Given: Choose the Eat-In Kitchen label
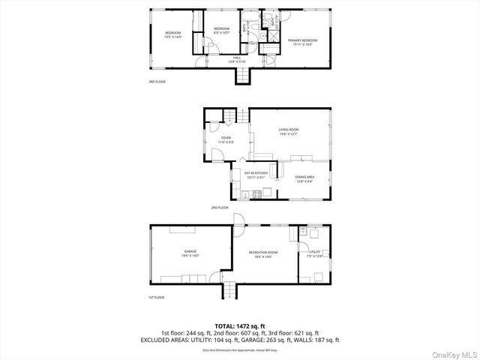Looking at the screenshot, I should [x=256, y=175].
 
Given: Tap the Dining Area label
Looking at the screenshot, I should [x=304, y=178].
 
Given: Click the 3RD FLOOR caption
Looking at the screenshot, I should [x=157, y=81].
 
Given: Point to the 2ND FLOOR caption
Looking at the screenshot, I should [x=219, y=207].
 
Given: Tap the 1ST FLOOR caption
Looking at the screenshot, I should [x=157, y=298].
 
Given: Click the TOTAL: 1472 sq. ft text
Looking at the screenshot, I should [x=239, y=325].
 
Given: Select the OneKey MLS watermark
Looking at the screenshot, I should [x=453, y=353].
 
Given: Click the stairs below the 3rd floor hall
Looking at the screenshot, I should [x=242, y=75].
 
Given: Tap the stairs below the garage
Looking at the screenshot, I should [x=229, y=291].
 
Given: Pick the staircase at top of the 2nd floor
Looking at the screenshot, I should [x=241, y=115].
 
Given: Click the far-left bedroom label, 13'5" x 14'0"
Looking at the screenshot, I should [x=174, y=34].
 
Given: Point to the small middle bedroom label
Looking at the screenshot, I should [x=222, y=30].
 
